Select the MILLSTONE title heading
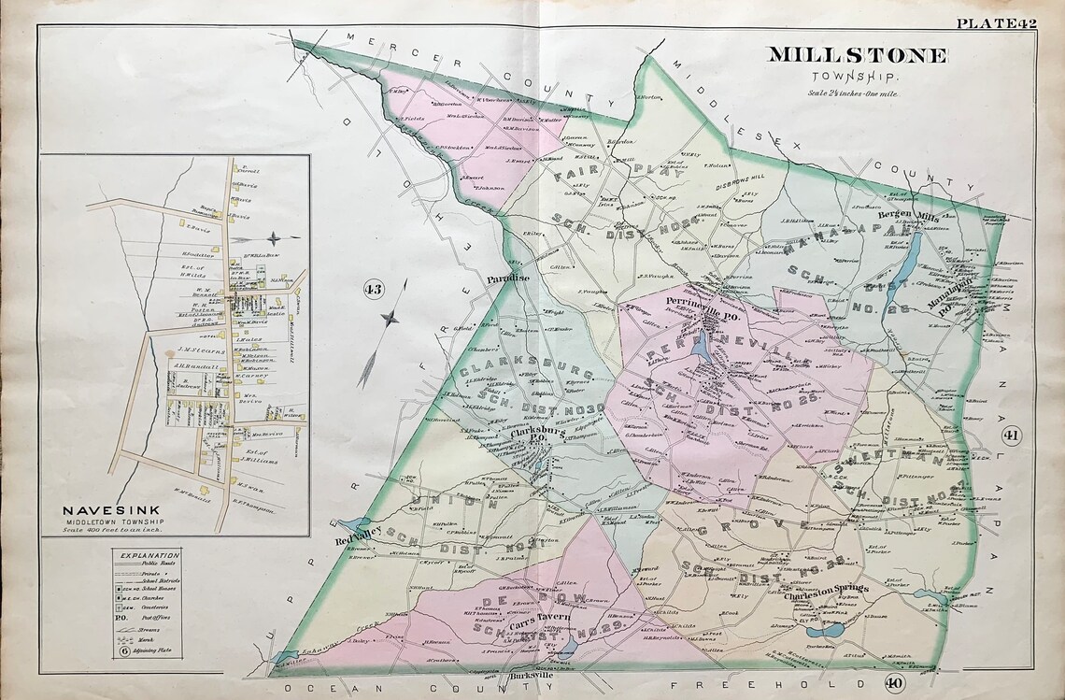click(858, 55)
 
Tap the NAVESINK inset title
click(101, 510)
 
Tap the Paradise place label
click(507, 278)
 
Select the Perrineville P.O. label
click(700, 302)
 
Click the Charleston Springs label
click(825, 589)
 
